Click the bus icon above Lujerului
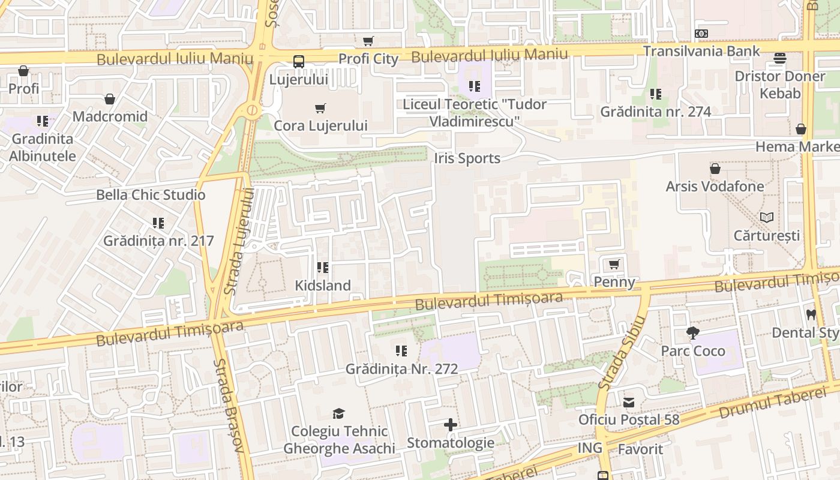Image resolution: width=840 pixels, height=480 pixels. pos(298,61)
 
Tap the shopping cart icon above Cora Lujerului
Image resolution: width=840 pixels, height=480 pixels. pos(320,109)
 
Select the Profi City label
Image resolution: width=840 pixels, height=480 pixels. pos(368,59)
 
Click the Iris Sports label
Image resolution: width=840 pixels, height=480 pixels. pos(467,158)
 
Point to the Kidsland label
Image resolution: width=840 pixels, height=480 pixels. pos(323,286)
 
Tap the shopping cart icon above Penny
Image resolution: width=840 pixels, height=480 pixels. pos(614,265)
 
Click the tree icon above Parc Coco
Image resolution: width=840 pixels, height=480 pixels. pos(693,332)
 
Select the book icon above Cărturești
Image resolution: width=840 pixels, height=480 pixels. pos(766,217)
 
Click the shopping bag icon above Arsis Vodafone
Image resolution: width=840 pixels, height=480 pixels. pos(715,169)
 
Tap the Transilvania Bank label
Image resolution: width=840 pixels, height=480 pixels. pos(701,51)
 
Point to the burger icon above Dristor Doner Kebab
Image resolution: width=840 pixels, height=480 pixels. pos(780,58)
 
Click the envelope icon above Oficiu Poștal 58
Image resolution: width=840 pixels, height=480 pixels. pos(629,402)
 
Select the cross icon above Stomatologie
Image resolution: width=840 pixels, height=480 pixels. pos(451,425)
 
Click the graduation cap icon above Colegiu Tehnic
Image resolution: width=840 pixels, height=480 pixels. pos(339,413)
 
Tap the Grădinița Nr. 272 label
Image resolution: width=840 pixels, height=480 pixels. pos(401,369)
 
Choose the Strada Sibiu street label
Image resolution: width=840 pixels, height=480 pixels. pos(621,353)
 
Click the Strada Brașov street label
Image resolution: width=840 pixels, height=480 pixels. pos(229,406)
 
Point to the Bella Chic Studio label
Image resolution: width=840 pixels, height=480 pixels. pos(151,195)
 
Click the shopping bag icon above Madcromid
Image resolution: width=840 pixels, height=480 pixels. pos(110,99)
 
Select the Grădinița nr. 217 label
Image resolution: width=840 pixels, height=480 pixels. pos(158,241)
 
